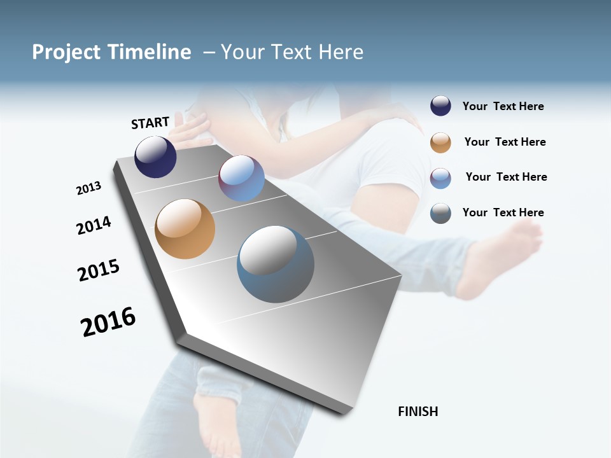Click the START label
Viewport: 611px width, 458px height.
click(x=150, y=123)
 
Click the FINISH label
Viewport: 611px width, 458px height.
click(x=418, y=412)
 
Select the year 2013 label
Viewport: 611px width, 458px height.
click(x=88, y=188)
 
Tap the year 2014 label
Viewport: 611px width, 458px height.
click(x=94, y=225)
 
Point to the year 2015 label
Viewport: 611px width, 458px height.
click(x=99, y=270)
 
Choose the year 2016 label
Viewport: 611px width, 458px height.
click(x=108, y=321)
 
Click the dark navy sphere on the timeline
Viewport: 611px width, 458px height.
click(x=155, y=157)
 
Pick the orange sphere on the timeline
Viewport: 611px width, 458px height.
click(x=185, y=229)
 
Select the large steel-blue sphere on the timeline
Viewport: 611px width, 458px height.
click(x=276, y=264)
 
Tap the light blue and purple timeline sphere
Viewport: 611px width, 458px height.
click(x=241, y=178)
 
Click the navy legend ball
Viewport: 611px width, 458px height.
click(x=440, y=106)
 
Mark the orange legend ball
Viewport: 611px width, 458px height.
click(x=440, y=142)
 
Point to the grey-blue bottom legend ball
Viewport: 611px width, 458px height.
click(x=440, y=213)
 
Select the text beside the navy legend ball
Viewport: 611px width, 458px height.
click(x=503, y=107)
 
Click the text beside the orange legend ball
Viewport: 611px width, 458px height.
click(x=505, y=142)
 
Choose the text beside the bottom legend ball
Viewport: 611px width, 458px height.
click(x=503, y=212)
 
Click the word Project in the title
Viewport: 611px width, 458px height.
click(x=67, y=52)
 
